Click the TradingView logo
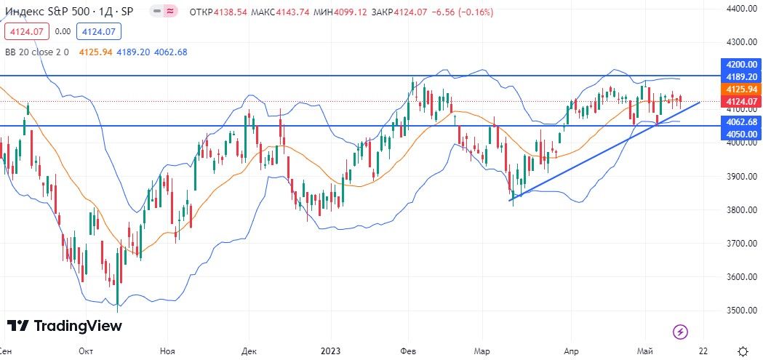(x=64, y=326)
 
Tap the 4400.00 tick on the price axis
(x=742, y=9)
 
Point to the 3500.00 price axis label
(x=742, y=311)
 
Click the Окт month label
(x=86, y=351)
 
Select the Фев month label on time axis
(x=408, y=351)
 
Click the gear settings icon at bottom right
(x=742, y=351)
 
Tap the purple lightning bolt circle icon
(x=680, y=332)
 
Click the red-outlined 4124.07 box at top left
(x=26, y=31)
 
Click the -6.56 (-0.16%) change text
(x=443, y=12)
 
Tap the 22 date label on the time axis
(x=703, y=351)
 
